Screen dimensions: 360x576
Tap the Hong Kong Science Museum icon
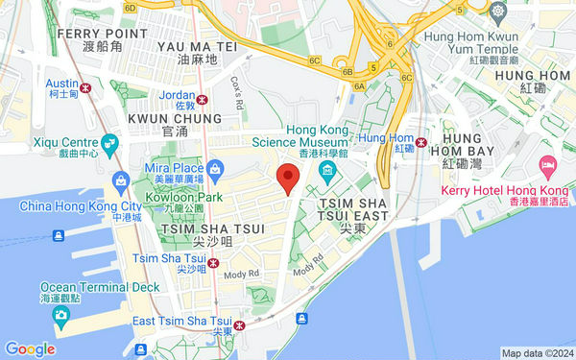click(326, 171)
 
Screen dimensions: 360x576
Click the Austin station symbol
click(86, 87)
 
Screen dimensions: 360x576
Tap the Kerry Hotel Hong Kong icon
click(547, 167)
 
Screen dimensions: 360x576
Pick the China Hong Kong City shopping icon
click(122, 180)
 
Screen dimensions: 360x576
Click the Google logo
click(29, 349)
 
